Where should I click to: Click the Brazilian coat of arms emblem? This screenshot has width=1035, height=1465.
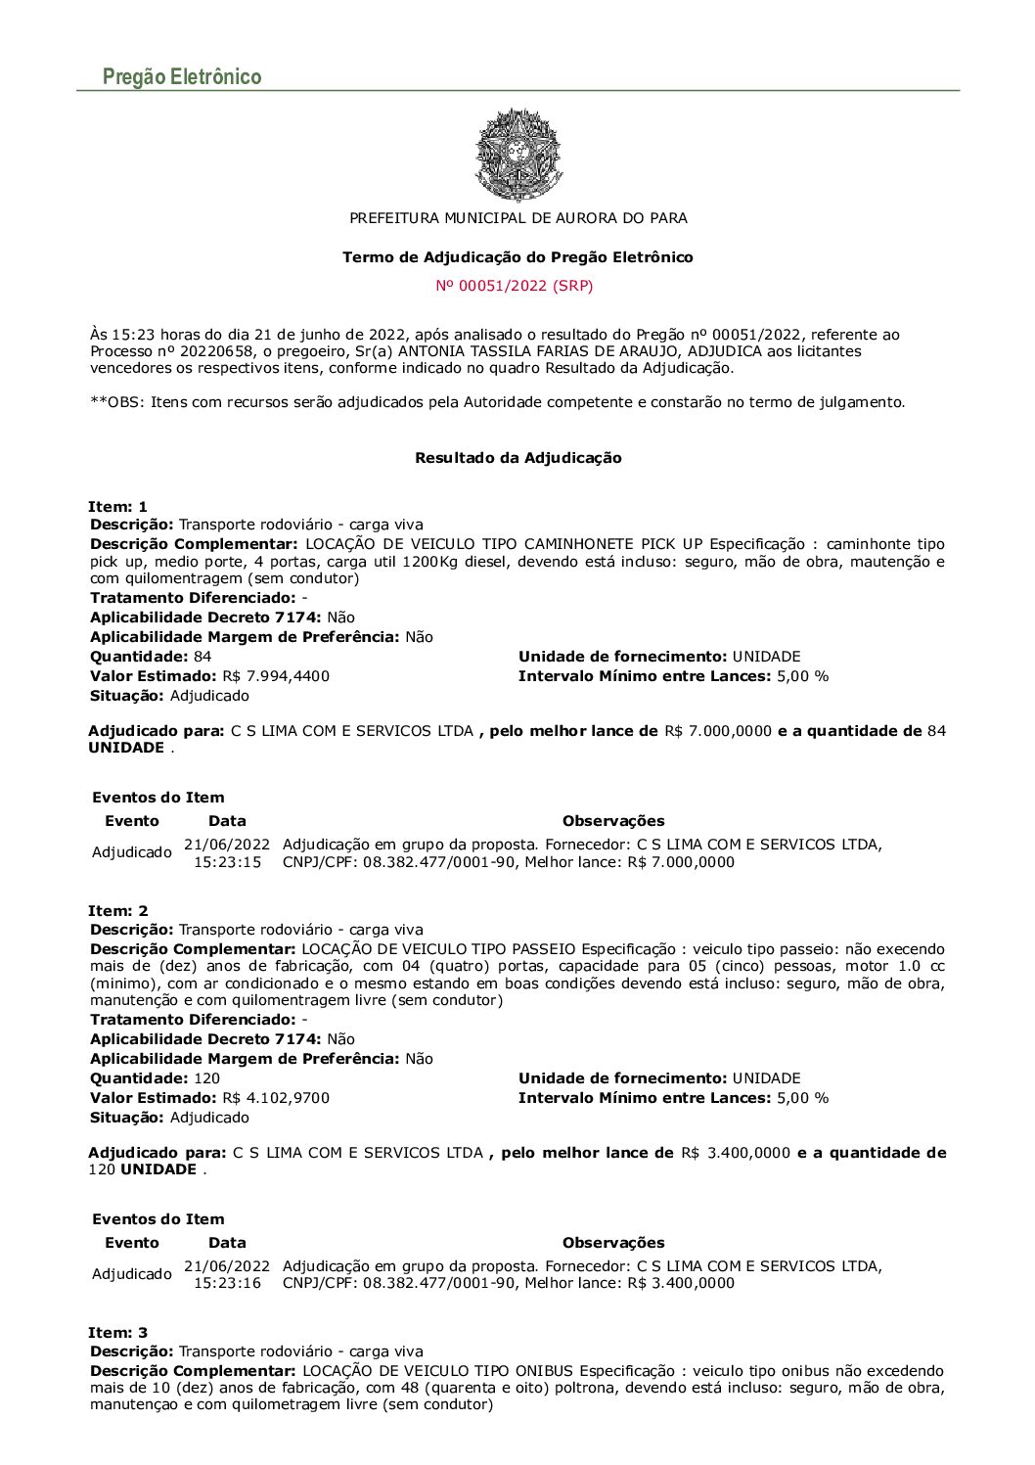[x=517, y=154]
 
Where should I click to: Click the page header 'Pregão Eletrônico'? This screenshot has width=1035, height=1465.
[x=182, y=77]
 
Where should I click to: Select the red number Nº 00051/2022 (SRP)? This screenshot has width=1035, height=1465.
[x=515, y=286]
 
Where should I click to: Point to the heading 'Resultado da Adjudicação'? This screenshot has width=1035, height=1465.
[x=517, y=458]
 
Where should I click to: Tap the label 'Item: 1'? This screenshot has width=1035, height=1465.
[x=117, y=507]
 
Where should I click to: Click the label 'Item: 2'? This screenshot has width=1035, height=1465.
[x=117, y=911]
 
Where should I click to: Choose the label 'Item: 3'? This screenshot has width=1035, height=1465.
[x=117, y=1333]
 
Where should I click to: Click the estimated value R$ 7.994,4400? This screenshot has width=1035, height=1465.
[x=276, y=676]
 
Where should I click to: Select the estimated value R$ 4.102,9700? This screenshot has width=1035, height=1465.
[x=276, y=1098]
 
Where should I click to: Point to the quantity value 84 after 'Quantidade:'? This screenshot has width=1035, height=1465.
[x=202, y=657]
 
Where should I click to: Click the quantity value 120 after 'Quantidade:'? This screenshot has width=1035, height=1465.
[x=206, y=1078]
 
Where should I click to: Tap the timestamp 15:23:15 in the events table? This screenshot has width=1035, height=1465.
[x=227, y=862]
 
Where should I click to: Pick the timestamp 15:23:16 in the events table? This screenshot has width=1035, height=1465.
[x=227, y=1283]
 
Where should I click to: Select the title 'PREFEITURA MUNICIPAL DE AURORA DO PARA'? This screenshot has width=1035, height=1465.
[x=517, y=218]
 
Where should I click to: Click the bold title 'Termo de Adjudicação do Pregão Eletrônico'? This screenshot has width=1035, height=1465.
[x=517, y=257]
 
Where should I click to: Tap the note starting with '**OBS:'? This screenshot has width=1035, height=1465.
[x=497, y=402]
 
